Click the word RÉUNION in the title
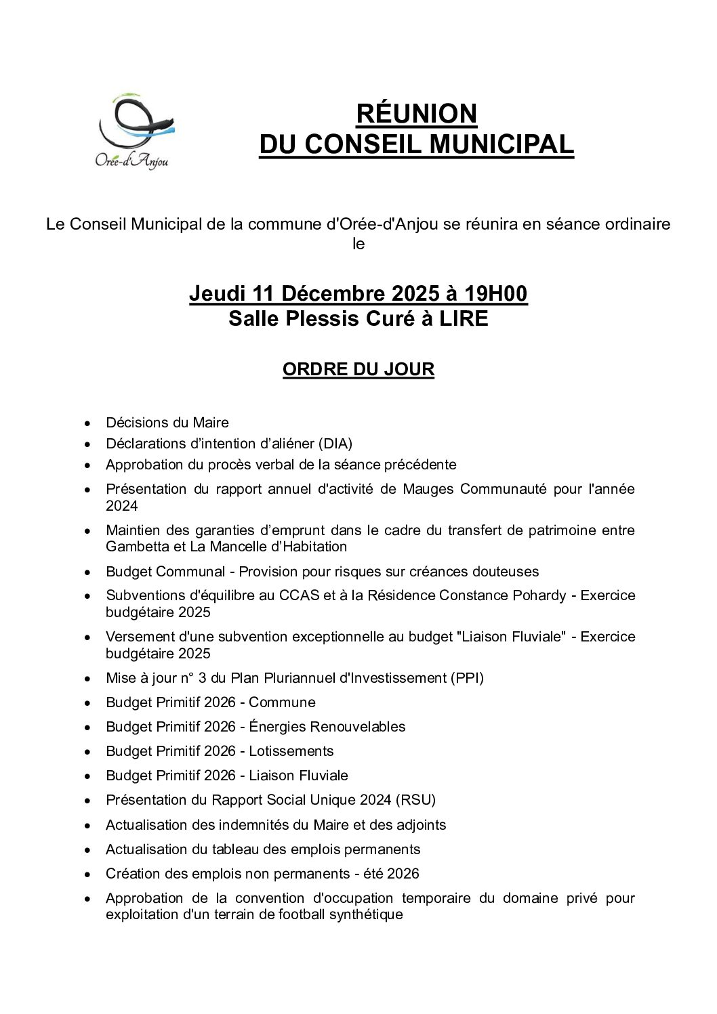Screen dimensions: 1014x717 coord(416,114)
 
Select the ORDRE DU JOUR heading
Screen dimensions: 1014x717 coord(358,369)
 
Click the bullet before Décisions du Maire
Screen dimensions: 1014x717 coord(87,423)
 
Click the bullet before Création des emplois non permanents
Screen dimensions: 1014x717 coord(87,874)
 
